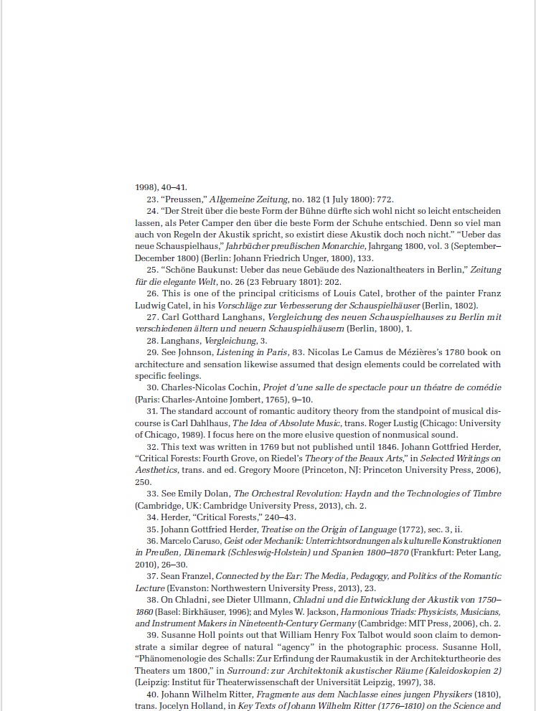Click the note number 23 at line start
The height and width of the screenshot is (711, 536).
pyautogui.click(x=151, y=199)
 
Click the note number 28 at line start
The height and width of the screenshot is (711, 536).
pyautogui.click(x=151, y=340)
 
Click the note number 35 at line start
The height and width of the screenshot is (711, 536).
pyautogui.click(x=151, y=529)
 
